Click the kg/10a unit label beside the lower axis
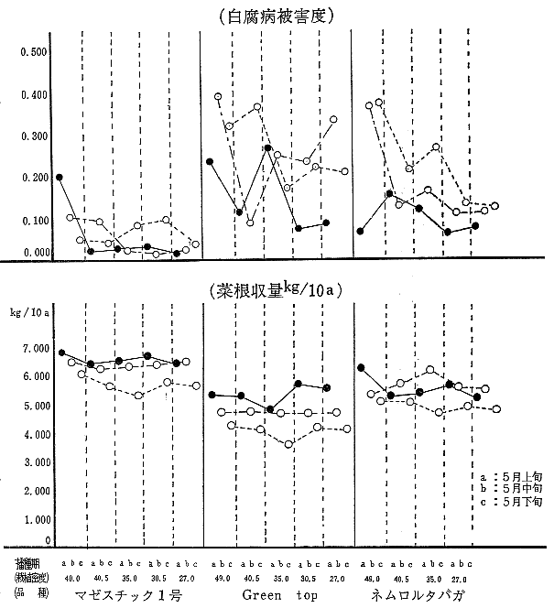tap(32, 314)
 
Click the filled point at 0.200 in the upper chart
tap(59, 178)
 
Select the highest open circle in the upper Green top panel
tap(218, 96)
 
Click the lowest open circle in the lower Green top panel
tap(288, 444)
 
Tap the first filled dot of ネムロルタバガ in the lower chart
tap(361, 367)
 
